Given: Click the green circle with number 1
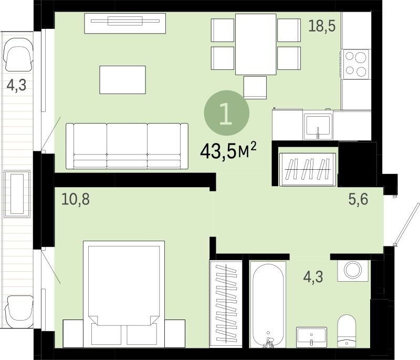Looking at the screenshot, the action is (227, 113).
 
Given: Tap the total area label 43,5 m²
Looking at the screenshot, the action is (228, 150).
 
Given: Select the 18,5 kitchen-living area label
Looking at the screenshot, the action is (322, 26).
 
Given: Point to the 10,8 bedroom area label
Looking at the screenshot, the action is (76, 199).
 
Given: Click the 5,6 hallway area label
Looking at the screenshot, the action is (358, 199).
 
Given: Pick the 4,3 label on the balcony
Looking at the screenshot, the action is (16, 85).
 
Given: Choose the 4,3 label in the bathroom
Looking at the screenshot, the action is (313, 276).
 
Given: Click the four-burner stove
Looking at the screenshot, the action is (356, 64).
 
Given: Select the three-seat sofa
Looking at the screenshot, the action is (127, 146).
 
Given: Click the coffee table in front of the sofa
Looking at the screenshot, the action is (123, 80).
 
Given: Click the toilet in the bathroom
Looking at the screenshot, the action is (346, 331).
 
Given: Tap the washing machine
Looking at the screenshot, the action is (353, 270).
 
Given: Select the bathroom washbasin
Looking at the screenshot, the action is (311, 337).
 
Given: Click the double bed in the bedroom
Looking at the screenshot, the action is (124, 294).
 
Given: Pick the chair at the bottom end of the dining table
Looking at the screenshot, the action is (255, 87).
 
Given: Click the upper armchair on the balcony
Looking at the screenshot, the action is (18, 54).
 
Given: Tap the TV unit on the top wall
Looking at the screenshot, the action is (125, 24).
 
